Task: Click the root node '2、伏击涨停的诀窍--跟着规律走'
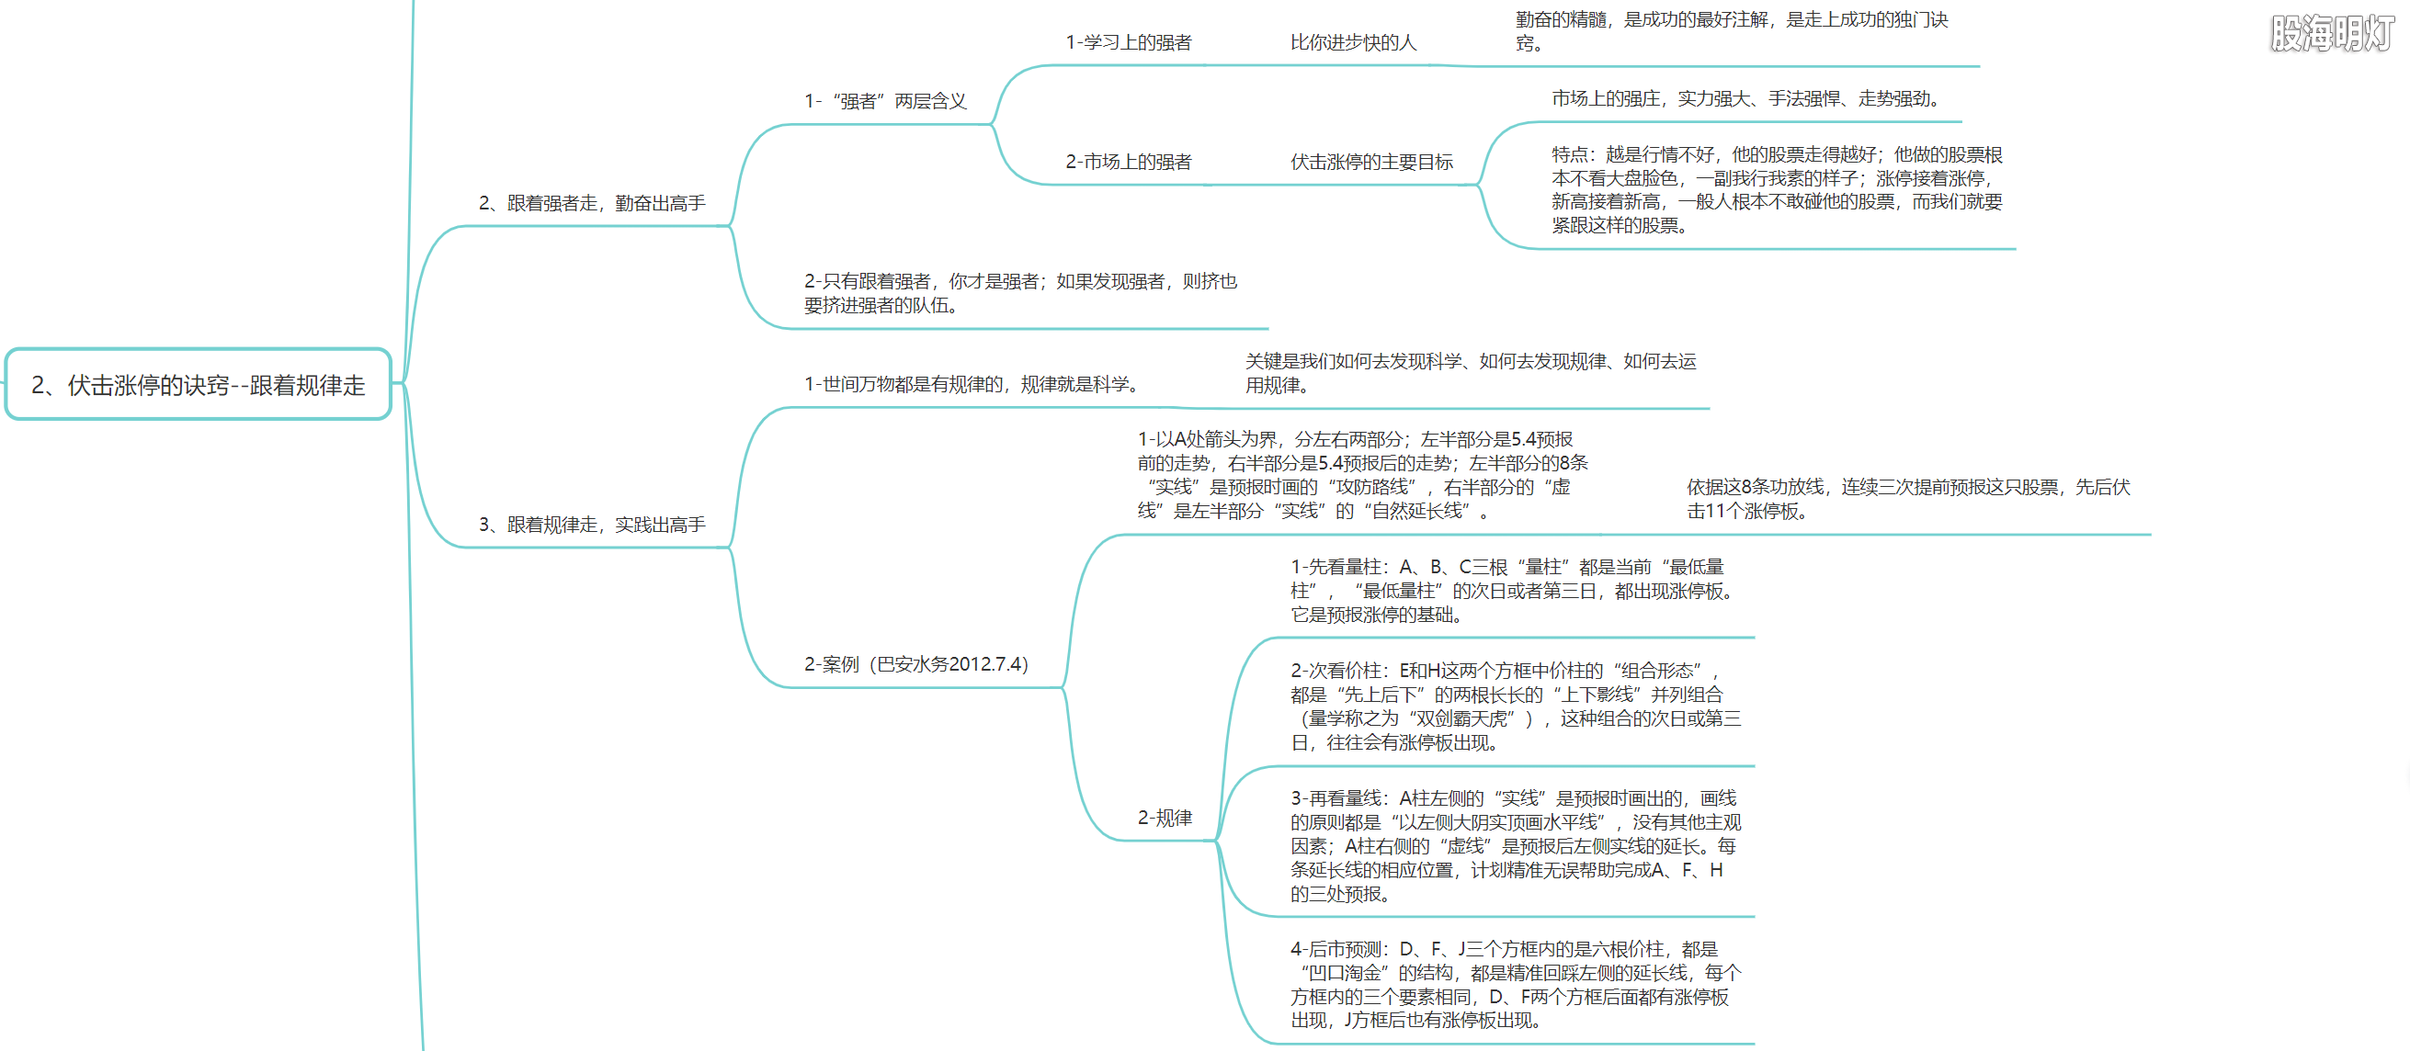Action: [x=199, y=384]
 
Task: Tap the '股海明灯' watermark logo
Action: [x=2330, y=34]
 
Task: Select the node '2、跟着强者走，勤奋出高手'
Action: [x=592, y=203]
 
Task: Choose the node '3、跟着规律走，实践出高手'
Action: [x=592, y=525]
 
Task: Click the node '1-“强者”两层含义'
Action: [x=885, y=101]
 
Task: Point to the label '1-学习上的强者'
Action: [x=1129, y=42]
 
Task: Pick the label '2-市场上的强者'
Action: [x=1129, y=162]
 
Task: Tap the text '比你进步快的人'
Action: [x=1353, y=42]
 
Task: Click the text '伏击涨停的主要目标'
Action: [x=1371, y=162]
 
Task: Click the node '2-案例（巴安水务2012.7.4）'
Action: [x=915, y=664]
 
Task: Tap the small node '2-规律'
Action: [x=1165, y=818]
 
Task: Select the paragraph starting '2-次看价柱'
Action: [x=1516, y=706]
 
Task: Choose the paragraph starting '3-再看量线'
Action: [x=1516, y=845]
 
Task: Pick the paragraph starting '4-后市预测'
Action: [x=1516, y=984]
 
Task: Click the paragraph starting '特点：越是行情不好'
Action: [x=1777, y=190]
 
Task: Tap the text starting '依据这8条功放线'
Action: [x=1908, y=498]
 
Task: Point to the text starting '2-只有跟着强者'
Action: [x=1020, y=293]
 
